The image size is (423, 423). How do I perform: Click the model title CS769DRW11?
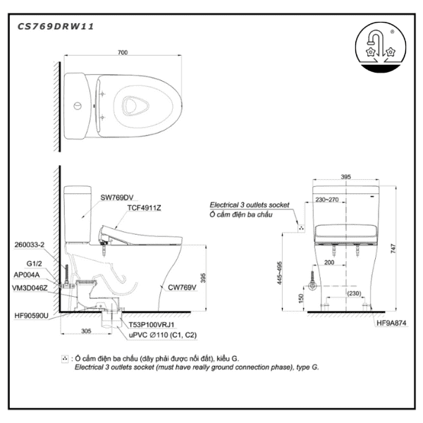pyautogui.click(x=55, y=26)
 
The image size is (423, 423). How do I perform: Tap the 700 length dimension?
pyautogui.click(x=123, y=53)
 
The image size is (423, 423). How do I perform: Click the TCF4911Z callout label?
pyautogui.click(x=145, y=209)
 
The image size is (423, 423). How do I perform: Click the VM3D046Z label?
pyautogui.click(x=30, y=287)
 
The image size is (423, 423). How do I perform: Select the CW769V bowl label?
pyautogui.click(x=181, y=288)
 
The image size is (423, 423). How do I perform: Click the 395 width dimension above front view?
pyautogui.click(x=345, y=177)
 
